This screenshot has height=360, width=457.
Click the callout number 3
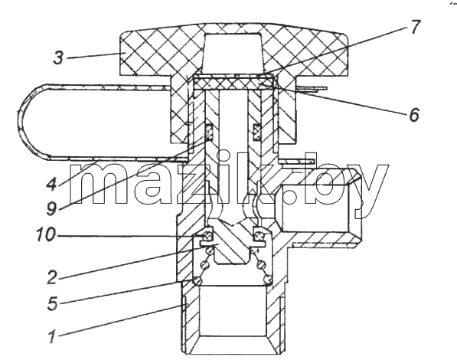[x=58, y=57]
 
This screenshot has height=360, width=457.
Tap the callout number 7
[x=415, y=27]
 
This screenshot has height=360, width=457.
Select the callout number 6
[x=414, y=115]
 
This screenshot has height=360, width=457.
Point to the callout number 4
[x=52, y=184]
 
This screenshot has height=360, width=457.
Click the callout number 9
[x=51, y=208]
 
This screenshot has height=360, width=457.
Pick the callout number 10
[x=45, y=234]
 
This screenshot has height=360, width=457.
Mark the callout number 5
[x=53, y=303]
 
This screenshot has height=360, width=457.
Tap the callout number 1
[x=53, y=336]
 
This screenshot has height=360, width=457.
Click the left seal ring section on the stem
[x=210, y=131]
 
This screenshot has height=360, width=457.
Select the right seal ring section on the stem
[x=256, y=131]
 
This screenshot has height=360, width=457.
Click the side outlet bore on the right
[x=315, y=208]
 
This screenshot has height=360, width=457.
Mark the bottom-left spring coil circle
[x=197, y=280]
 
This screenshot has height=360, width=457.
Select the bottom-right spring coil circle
[x=268, y=280]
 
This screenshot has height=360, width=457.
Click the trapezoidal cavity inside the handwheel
[x=233, y=53]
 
